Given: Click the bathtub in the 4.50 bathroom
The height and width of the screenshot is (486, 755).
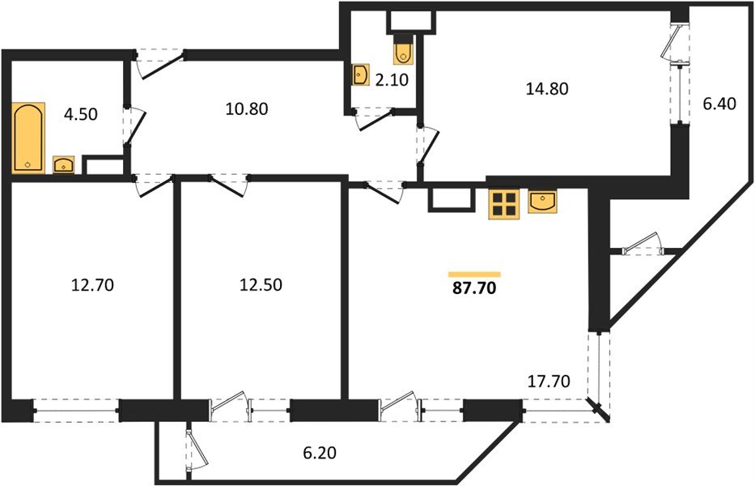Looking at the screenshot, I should (x=29, y=137).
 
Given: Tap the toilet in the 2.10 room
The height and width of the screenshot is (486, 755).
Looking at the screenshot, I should (x=402, y=51).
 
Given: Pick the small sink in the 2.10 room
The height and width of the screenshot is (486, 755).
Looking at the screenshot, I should (x=361, y=76).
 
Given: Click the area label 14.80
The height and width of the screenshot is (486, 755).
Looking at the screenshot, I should (x=548, y=89).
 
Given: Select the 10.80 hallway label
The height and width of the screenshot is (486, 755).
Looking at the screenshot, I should (x=245, y=107).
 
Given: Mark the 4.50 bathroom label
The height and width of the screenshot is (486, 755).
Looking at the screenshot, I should (x=81, y=114).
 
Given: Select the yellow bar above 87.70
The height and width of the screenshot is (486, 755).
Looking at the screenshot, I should (x=474, y=274).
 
